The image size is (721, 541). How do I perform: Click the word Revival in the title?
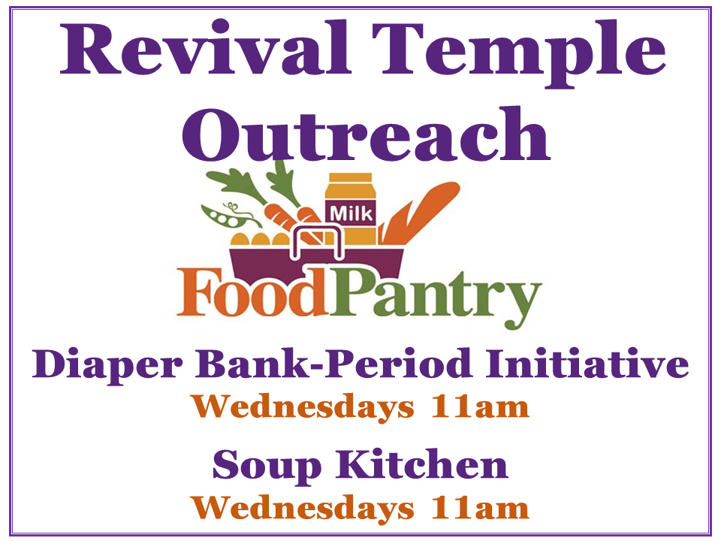206,47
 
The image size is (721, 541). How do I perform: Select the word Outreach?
366,134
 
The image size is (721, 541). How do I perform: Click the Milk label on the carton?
351,214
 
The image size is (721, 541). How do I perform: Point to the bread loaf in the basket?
420,212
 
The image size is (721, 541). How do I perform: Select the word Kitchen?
422,464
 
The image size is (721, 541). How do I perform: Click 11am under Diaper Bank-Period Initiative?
480,407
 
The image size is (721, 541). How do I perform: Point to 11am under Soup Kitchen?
480,509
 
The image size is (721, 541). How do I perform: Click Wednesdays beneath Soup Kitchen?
303,509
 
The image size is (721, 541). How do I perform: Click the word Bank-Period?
335,364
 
